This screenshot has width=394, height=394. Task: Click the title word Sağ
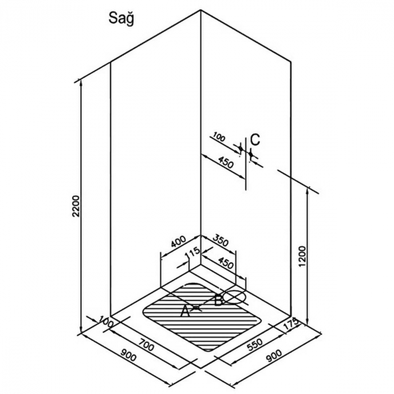[x=121, y=19]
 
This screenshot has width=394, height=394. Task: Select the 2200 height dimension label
[x=75, y=207]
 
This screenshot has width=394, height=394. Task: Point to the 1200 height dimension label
[x=302, y=257]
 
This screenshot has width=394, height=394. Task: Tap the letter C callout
[x=256, y=140]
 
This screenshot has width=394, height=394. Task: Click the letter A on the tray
[x=185, y=312]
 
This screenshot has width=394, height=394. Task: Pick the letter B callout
[x=218, y=300]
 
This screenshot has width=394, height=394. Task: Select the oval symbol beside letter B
[x=234, y=297]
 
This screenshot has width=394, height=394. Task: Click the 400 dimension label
[x=178, y=241]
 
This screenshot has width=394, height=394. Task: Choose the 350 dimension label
[x=221, y=241]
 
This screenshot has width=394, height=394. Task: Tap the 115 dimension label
[x=193, y=253]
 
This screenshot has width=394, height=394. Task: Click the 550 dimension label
[x=255, y=344]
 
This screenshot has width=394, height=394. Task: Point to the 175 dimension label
[x=291, y=324]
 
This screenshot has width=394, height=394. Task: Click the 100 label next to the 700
[x=106, y=321]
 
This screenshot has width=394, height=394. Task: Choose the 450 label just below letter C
[x=226, y=162]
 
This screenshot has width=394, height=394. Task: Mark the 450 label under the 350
[x=225, y=262]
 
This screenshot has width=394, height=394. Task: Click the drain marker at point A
[x=196, y=307]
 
